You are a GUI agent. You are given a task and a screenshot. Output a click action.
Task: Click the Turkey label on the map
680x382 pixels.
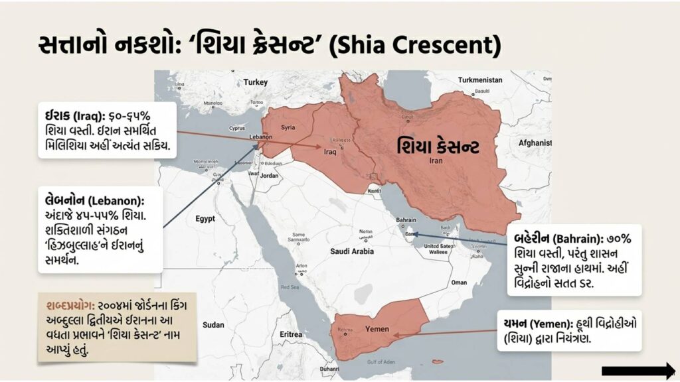(255, 82)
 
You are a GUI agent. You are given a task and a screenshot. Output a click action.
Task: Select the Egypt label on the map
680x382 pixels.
(205, 218)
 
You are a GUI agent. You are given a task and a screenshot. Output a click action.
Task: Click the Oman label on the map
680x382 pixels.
(459, 282)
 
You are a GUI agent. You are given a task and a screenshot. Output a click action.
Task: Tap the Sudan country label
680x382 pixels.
(213, 325)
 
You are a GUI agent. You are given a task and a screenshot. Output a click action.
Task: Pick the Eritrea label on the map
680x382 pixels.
(291, 334)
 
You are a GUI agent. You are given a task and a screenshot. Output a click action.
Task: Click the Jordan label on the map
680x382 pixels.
(269, 176)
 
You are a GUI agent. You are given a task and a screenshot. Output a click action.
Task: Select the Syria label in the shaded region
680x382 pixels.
(288, 127)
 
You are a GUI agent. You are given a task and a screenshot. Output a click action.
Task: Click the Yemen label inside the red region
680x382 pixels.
(377, 329)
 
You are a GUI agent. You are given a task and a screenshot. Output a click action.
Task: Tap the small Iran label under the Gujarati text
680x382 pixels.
(436, 160)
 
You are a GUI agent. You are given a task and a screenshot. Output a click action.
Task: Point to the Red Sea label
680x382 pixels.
(290, 287)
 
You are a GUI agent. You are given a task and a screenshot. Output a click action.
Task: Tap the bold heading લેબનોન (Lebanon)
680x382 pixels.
(92, 200)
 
